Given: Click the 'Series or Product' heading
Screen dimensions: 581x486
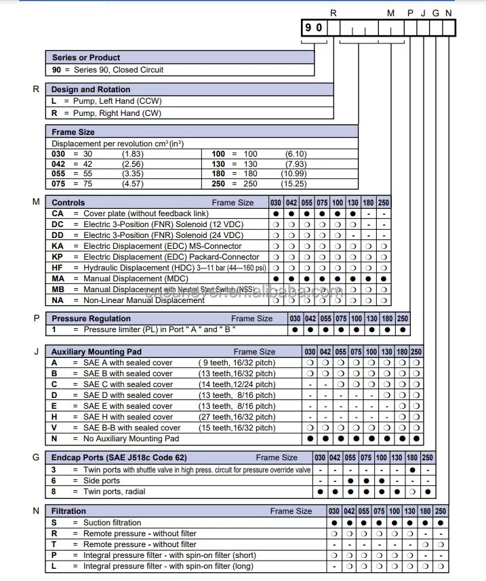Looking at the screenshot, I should coord(86,58).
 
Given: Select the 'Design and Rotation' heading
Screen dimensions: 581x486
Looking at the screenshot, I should coord(91,89).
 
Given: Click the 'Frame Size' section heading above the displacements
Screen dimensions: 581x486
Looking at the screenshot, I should coord(73,132).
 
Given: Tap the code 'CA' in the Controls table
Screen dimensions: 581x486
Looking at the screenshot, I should coord(58,213).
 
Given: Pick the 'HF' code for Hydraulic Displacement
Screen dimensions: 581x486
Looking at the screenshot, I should coord(58,268).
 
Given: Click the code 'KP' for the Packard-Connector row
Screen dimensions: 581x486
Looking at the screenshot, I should coord(58,257).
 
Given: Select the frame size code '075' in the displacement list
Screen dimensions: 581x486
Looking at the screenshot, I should coord(60,184).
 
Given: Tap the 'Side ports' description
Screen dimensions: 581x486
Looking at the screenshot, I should coord(101,481).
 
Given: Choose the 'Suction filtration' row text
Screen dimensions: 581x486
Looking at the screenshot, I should coord(112,523).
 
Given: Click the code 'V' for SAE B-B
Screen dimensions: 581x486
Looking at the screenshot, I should coord(55,428).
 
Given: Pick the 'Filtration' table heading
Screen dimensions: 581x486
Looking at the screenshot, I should coord(69,511).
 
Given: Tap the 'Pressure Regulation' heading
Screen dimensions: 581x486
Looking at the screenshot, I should coord(92,319).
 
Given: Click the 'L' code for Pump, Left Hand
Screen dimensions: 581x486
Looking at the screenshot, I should coord(55,101).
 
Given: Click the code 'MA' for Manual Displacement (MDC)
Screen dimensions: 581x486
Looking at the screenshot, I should coord(58,279).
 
